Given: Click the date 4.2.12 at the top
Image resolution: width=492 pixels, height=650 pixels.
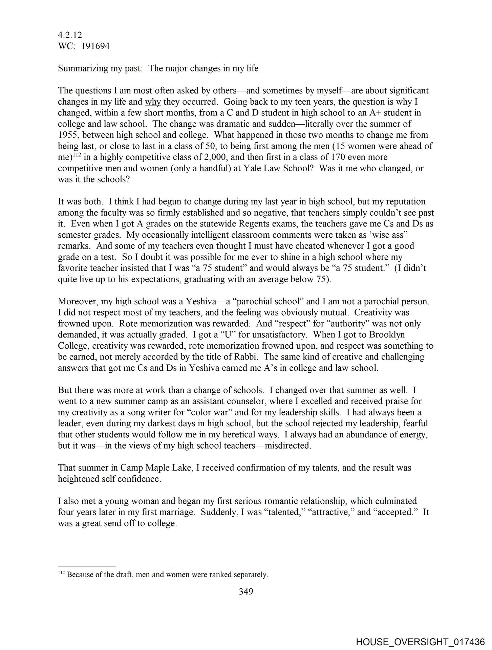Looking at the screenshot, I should (x=70, y=35).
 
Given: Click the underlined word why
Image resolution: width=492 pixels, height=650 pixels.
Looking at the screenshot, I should (x=153, y=102).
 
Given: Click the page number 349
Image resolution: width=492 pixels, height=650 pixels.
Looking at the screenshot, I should (x=246, y=591).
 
